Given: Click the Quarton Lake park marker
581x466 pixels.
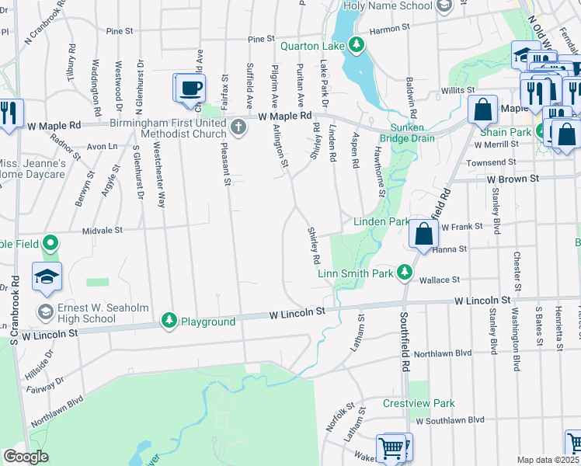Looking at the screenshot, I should pos(357,44).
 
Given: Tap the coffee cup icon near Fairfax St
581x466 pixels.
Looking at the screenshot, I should pos(190,88).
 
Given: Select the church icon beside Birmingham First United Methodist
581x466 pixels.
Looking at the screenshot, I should pos(239,128).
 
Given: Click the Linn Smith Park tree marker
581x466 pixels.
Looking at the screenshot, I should pos(404,273).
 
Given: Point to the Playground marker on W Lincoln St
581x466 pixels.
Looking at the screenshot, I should pos(169,321).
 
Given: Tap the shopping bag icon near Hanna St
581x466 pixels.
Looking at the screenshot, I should pos(423,233).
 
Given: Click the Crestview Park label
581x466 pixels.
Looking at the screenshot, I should pos(419,404).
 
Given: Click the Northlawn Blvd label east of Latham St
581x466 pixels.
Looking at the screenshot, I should pos(443,353).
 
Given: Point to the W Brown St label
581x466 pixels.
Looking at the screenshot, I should pos(513,179).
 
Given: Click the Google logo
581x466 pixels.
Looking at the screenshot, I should pos(26,457).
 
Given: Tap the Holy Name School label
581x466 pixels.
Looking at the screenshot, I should pos(388,5).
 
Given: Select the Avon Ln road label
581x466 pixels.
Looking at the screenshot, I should pos(101,145).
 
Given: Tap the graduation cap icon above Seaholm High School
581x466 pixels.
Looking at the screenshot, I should pos(47,276).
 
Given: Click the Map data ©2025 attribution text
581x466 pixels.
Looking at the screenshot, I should pos(548,460).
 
